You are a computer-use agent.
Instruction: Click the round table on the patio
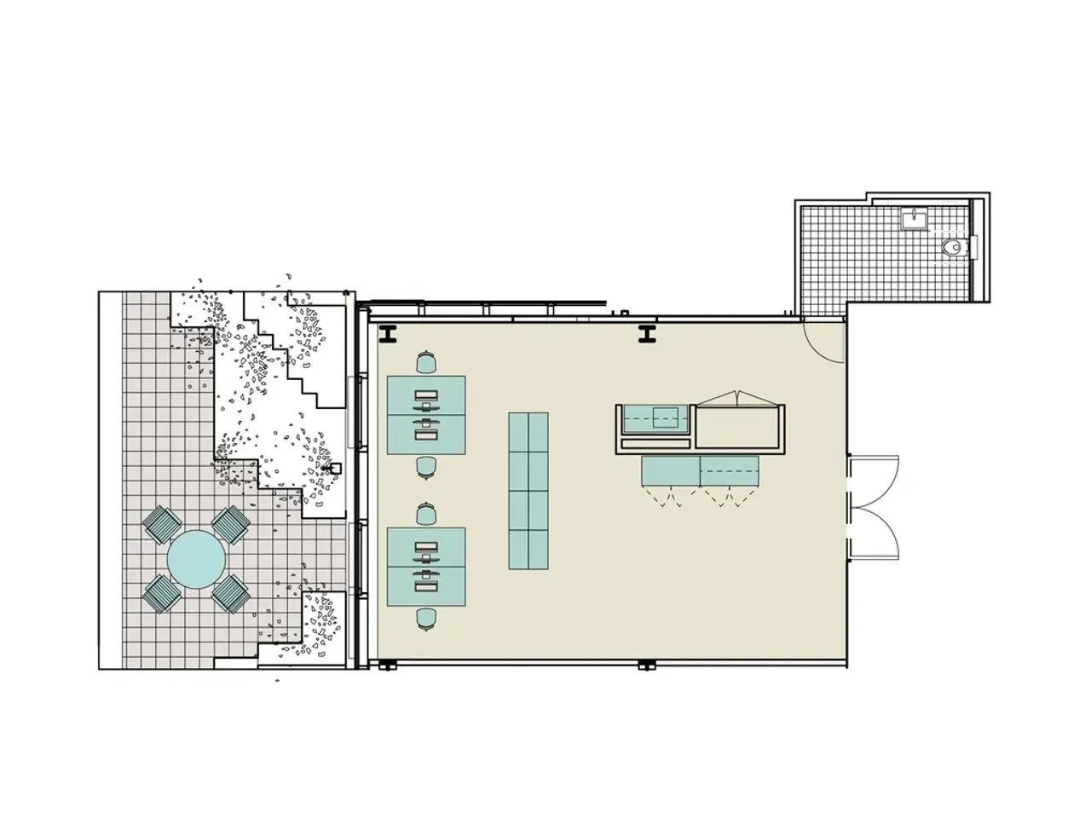(196, 559)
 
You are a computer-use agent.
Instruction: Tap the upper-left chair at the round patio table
(162, 524)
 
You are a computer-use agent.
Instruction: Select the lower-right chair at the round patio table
(230, 593)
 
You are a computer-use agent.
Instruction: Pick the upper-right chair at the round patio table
(230, 524)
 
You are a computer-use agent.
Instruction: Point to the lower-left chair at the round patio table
(162, 593)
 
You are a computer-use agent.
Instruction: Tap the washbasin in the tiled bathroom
(913, 219)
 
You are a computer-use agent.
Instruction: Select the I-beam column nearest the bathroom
(647, 335)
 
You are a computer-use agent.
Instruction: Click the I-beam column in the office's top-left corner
(389, 335)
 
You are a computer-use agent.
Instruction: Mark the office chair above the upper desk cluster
(426, 364)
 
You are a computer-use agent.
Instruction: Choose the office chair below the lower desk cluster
(426, 618)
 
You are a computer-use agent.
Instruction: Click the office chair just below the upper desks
(426, 467)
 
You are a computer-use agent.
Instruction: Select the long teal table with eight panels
(528, 491)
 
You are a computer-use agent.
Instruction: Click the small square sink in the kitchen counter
(665, 417)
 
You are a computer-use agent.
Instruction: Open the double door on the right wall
(874, 507)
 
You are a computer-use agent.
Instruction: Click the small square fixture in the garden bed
(336, 468)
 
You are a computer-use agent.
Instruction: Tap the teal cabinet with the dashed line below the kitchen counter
(699, 470)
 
